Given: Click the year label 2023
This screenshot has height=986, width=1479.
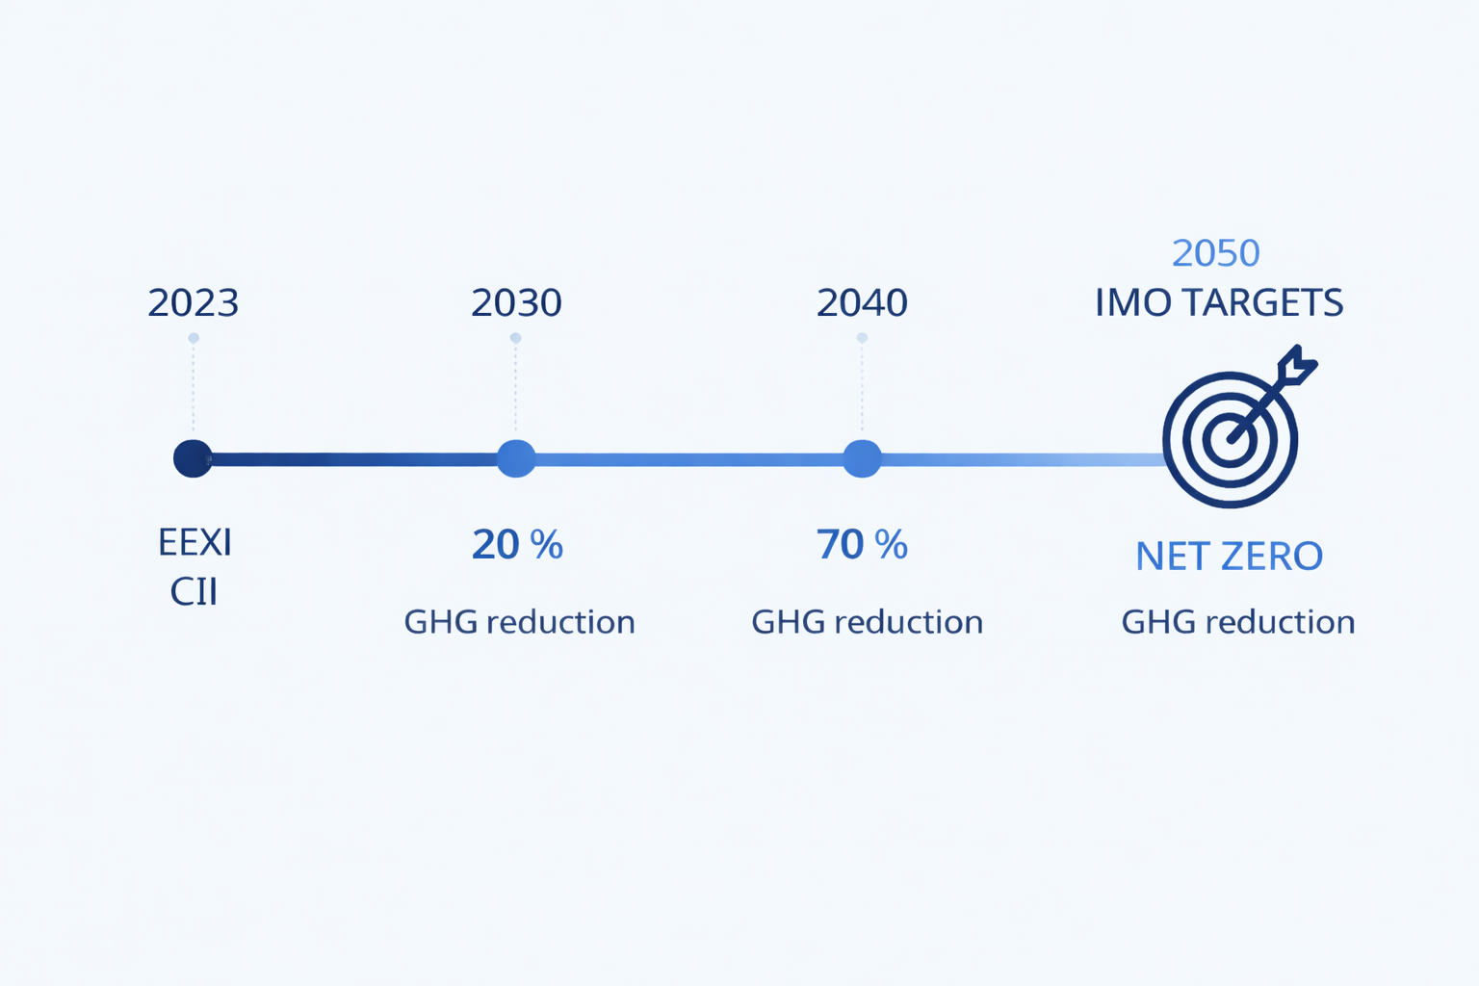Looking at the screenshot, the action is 193,302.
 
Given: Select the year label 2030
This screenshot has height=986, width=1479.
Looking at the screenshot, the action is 516,302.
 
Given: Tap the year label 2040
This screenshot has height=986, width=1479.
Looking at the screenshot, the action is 862,302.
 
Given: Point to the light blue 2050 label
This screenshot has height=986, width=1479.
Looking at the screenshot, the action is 1215,253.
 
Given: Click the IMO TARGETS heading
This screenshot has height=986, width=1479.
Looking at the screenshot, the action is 1219,302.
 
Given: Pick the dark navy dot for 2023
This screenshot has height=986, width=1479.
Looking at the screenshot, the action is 193,458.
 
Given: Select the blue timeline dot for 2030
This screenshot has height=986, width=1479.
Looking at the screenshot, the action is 516,458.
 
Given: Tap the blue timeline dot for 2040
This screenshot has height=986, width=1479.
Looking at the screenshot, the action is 862,458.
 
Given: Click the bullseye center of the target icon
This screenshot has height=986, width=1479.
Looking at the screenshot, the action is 1230,440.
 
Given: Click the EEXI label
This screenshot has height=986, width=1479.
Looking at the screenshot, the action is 195,543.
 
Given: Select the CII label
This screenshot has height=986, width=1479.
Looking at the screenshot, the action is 194,592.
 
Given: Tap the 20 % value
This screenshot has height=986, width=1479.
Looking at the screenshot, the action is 518,545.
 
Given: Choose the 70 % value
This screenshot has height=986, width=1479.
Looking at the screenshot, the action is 863,545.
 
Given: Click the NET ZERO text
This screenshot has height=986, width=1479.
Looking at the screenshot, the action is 1230,557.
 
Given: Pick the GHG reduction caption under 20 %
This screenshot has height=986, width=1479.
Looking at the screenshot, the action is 520,622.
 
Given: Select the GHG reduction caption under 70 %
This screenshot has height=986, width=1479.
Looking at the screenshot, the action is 867,622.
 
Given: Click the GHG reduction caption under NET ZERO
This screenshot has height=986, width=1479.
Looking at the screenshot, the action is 1238,622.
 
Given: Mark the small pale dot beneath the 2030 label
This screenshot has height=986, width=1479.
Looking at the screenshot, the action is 516,338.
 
